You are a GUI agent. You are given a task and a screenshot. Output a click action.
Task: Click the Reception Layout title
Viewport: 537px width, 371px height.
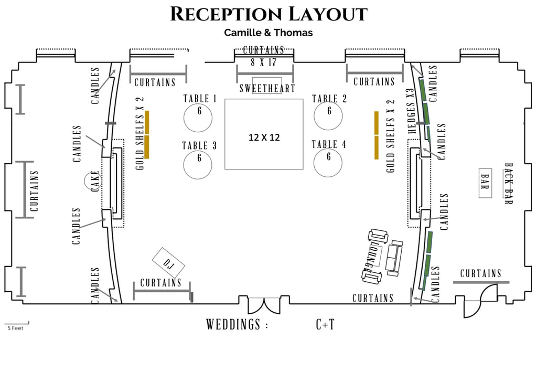click(268, 14)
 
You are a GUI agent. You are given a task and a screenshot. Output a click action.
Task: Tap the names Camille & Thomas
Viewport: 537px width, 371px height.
click(268, 33)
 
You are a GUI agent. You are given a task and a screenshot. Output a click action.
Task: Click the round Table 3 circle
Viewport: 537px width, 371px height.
click(198, 164)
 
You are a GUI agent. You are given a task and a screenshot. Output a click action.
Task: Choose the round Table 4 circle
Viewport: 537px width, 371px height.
click(328, 162)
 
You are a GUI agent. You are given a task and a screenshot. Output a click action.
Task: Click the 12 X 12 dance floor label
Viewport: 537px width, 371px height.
click(264, 137)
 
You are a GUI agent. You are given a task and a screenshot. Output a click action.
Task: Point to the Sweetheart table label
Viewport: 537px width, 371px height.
click(267, 88)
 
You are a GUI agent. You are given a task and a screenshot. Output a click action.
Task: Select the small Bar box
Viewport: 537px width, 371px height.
click(485, 183)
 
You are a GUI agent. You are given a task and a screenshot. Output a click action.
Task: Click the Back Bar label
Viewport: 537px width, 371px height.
click(508, 183)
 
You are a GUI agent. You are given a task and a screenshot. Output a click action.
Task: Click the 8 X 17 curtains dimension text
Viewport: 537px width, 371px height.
click(264, 62)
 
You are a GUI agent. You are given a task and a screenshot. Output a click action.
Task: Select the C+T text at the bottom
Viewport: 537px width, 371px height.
click(325, 325)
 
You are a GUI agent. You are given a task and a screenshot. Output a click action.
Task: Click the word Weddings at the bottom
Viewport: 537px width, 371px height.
click(233, 325)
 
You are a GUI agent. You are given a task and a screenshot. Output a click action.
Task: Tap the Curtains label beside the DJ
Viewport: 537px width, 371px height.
click(160, 283)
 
